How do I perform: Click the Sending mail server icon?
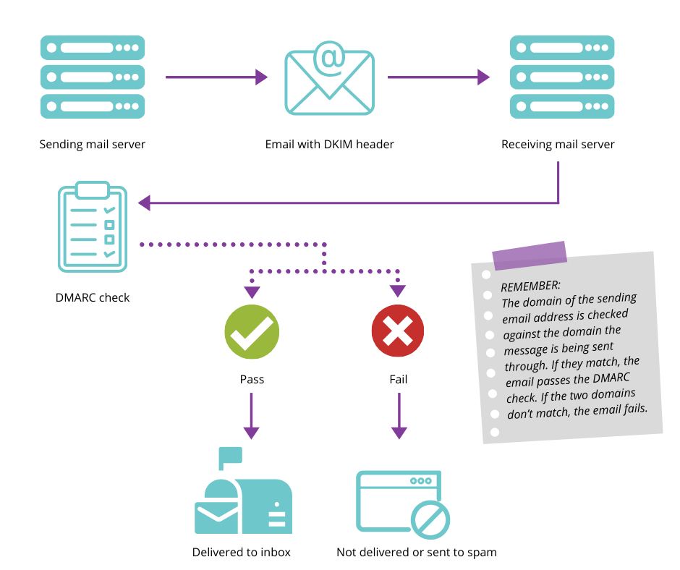93,77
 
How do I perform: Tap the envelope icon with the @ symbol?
329,78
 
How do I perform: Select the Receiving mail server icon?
558,77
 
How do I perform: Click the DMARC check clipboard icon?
92,226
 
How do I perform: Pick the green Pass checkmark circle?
252,332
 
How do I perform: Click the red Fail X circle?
398,332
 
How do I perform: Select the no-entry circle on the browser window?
430,519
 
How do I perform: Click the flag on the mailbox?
231,456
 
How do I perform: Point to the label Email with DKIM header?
329,145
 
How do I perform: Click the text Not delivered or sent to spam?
417,553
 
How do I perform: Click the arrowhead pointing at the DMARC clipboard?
145,203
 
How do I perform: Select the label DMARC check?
93,297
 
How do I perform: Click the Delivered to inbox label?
242,553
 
